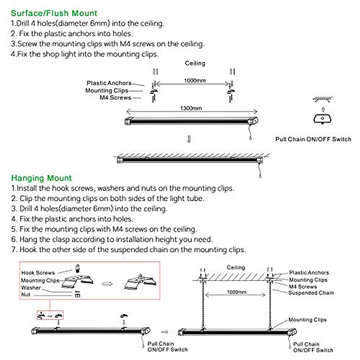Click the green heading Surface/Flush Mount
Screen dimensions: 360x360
click(x=54, y=13)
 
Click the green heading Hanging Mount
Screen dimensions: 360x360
click(x=41, y=178)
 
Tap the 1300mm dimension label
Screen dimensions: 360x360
click(x=191, y=108)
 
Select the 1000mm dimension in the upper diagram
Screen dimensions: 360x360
click(x=195, y=80)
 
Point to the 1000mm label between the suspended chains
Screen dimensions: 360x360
click(x=236, y=292)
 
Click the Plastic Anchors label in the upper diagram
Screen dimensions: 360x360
click(x=109, y=83)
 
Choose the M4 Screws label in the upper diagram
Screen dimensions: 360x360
click(x=115, y=97)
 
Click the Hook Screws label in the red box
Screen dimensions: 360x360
click(x=38, y=273)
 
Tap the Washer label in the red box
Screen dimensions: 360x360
click(x=31, y=288)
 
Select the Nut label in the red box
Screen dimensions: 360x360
click(x=26, y=295)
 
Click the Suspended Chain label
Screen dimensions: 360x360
click(x=311, y=293)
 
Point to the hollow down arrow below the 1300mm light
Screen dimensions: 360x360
click(x=189, y=139)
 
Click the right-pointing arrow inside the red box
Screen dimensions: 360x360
click(x=107, y=283)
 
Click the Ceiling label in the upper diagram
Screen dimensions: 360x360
click(x=195, y=63)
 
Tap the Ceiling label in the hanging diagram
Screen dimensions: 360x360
click(x=236, y=267)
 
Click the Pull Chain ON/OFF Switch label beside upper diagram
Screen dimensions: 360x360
click(x=313, y=139)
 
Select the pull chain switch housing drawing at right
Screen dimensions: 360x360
click(x=322, y=119)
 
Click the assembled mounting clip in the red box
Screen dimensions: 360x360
click(x=140, y=282)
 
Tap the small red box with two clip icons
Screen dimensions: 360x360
click(x=50, y=315)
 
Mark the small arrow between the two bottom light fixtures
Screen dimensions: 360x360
click(x=165, y=332)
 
